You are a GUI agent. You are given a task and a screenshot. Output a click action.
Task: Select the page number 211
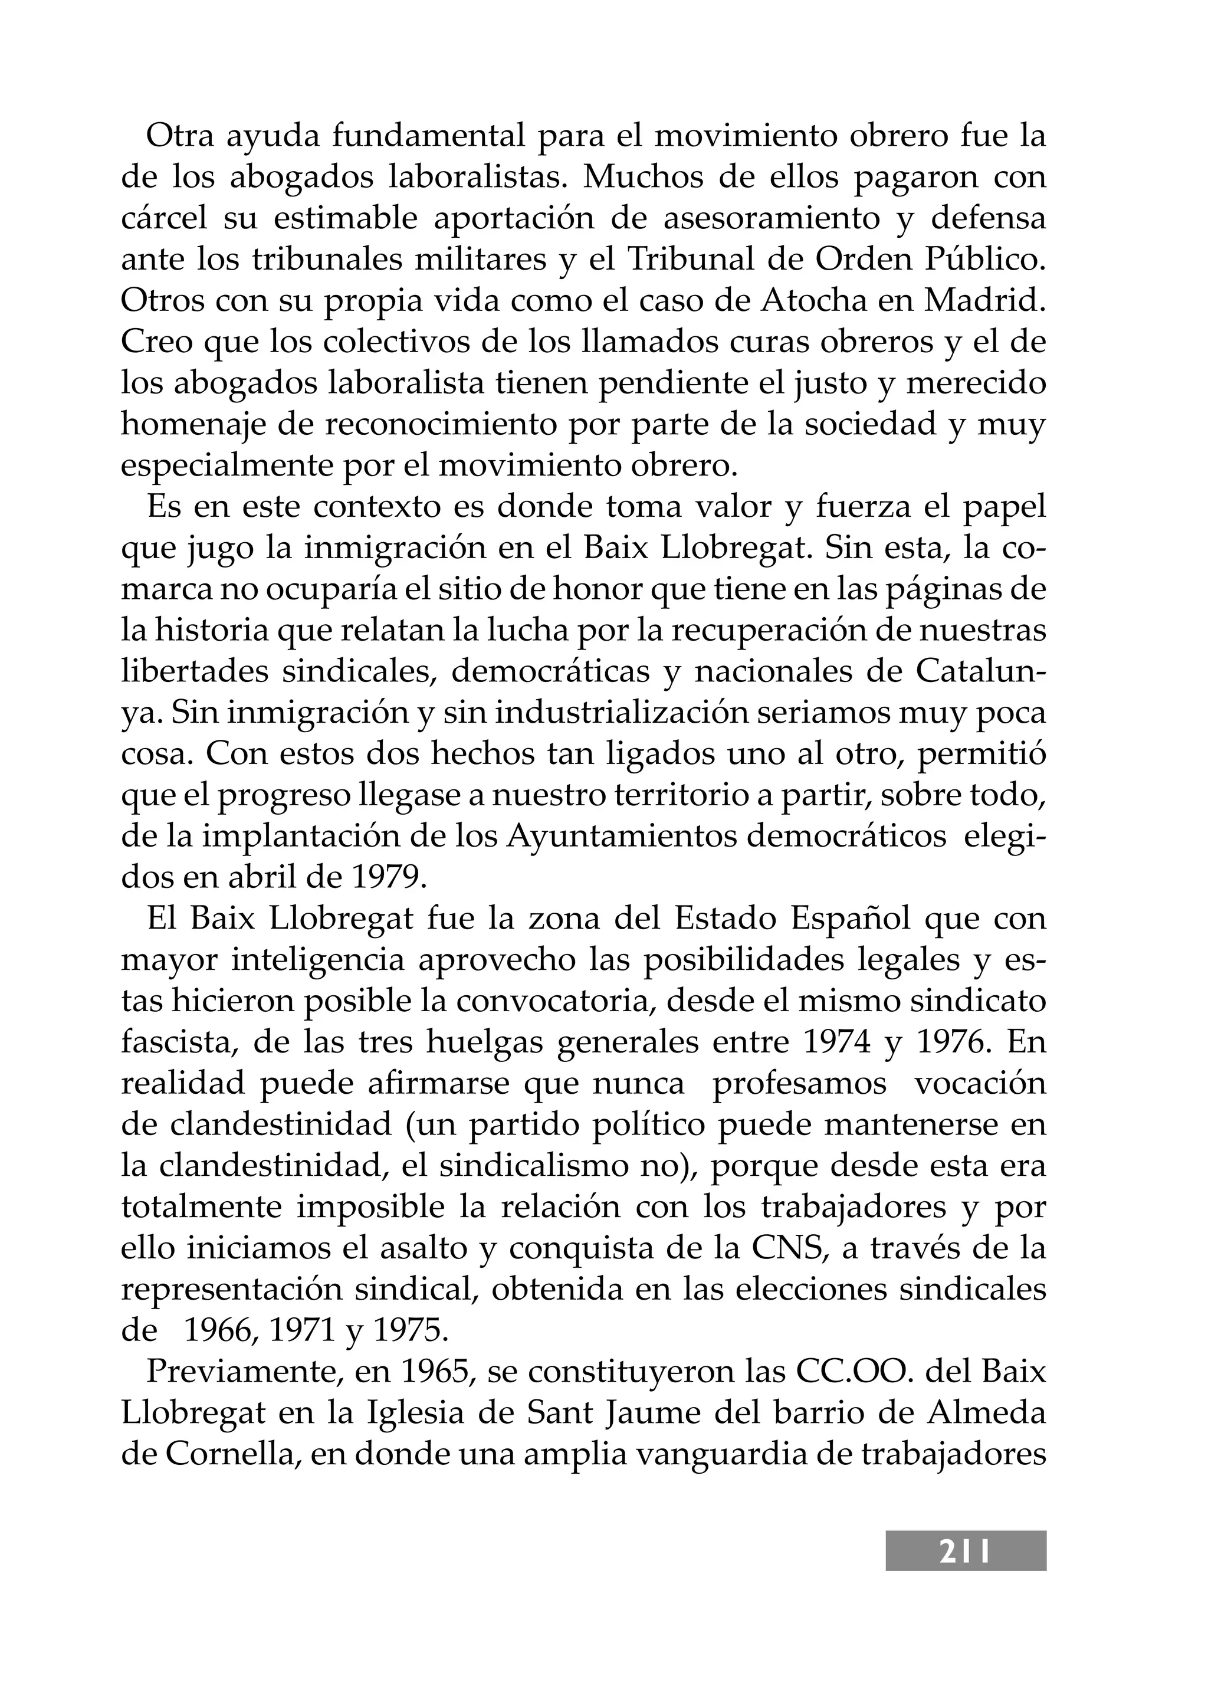click(x=965, y=1552)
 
